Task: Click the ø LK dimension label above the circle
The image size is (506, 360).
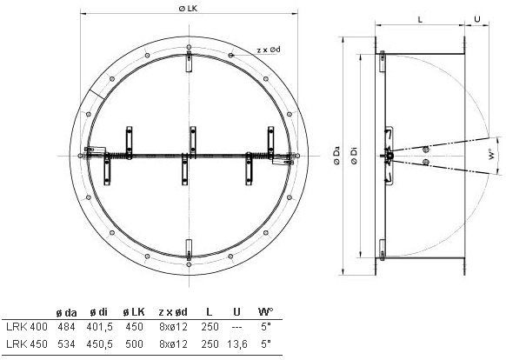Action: click(x=188, y=9)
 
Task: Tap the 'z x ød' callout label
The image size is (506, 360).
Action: click(x=269, y=50)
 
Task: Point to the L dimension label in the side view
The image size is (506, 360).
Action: click(x=420, y=20)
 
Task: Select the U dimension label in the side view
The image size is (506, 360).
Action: click(x=477, y=19)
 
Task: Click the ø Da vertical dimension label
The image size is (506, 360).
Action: click(x=337, y=156)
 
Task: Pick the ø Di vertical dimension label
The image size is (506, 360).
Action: click(x=355, y=156)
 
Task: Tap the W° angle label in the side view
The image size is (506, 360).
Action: click(x=491, y=154)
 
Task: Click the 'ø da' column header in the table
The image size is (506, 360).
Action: click(x=66, y=312)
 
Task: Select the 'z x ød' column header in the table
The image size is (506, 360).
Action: click(x=173, y=312)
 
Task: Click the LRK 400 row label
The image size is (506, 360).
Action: click(x=27, y=327)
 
